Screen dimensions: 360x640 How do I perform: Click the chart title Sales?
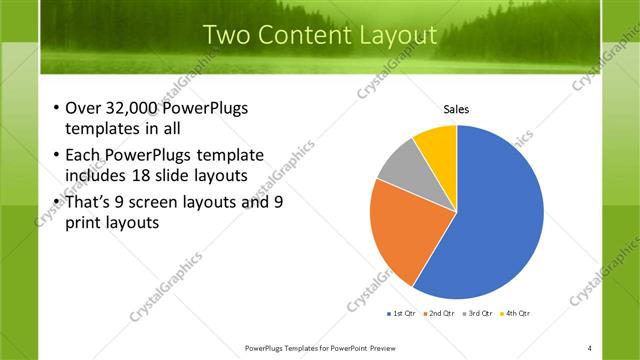click(x=456, y=110)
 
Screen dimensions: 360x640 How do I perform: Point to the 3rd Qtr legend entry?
click(x=479, y=313)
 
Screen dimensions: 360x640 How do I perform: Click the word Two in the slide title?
click(x=226, y=36)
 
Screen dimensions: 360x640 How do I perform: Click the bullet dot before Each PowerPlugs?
click(x=55, y=156)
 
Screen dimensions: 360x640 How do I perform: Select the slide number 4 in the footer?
click(x=589, y=347)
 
